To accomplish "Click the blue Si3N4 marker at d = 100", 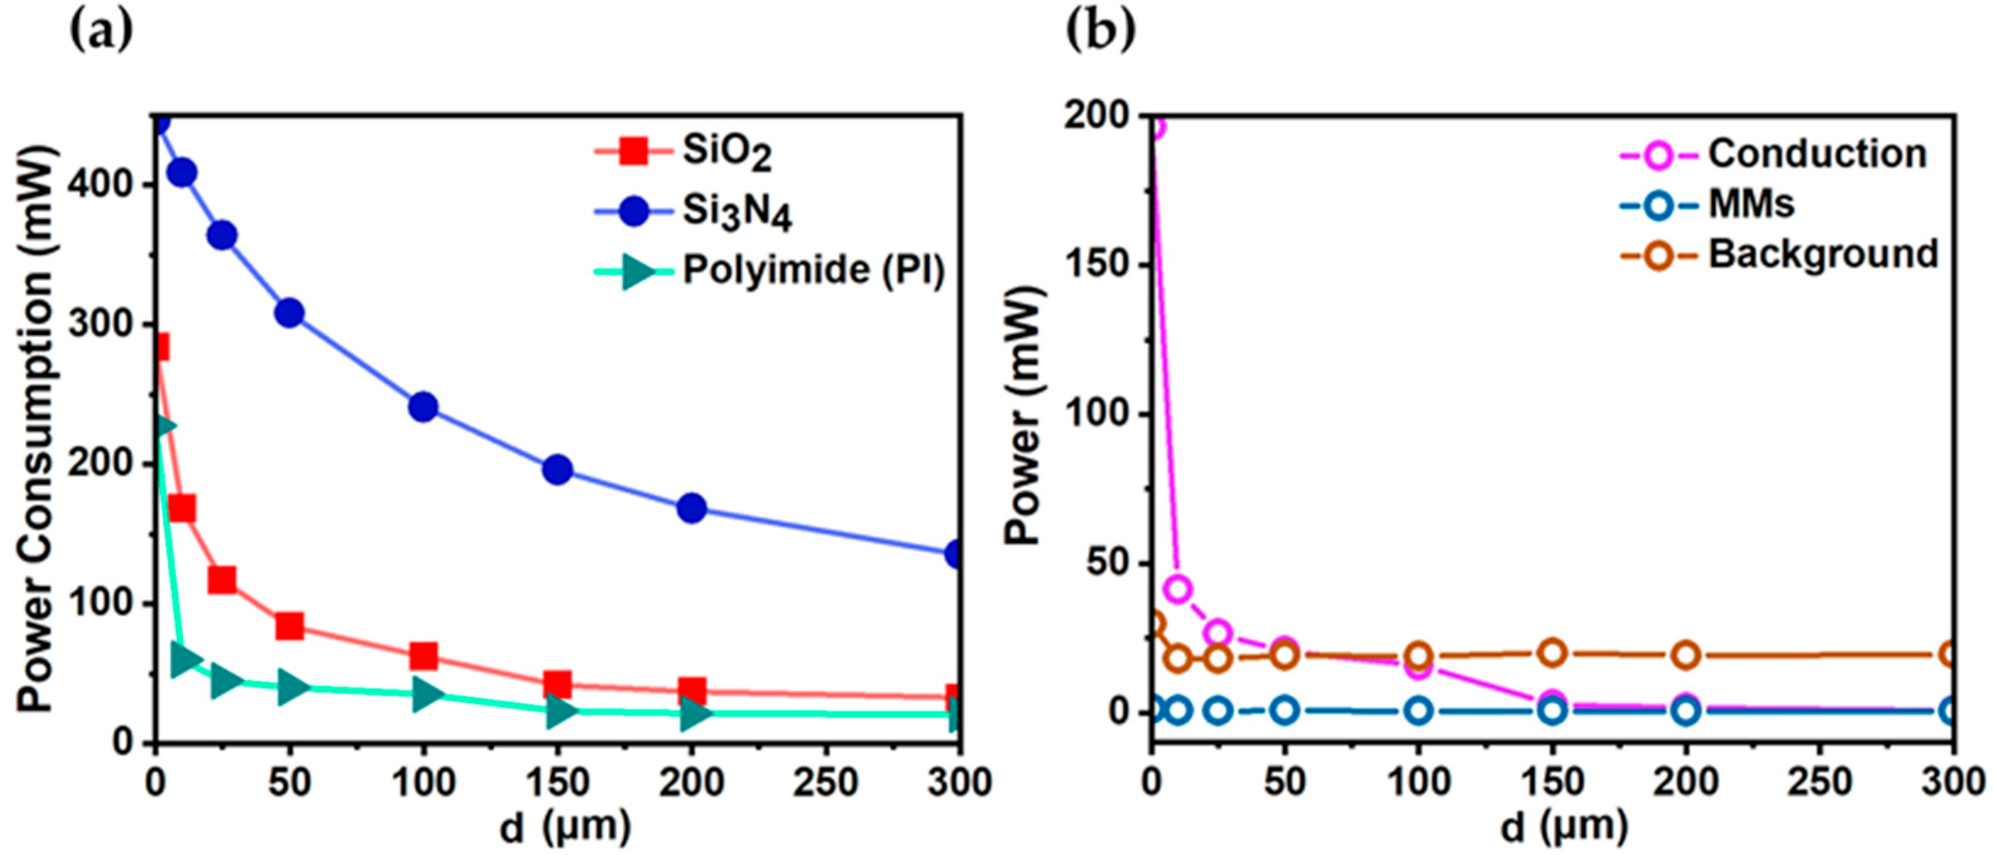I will click(x=424, y=406).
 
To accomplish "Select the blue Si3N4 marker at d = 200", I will click(x=692, y=508).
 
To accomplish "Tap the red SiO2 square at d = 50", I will click(x=290, y=625).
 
